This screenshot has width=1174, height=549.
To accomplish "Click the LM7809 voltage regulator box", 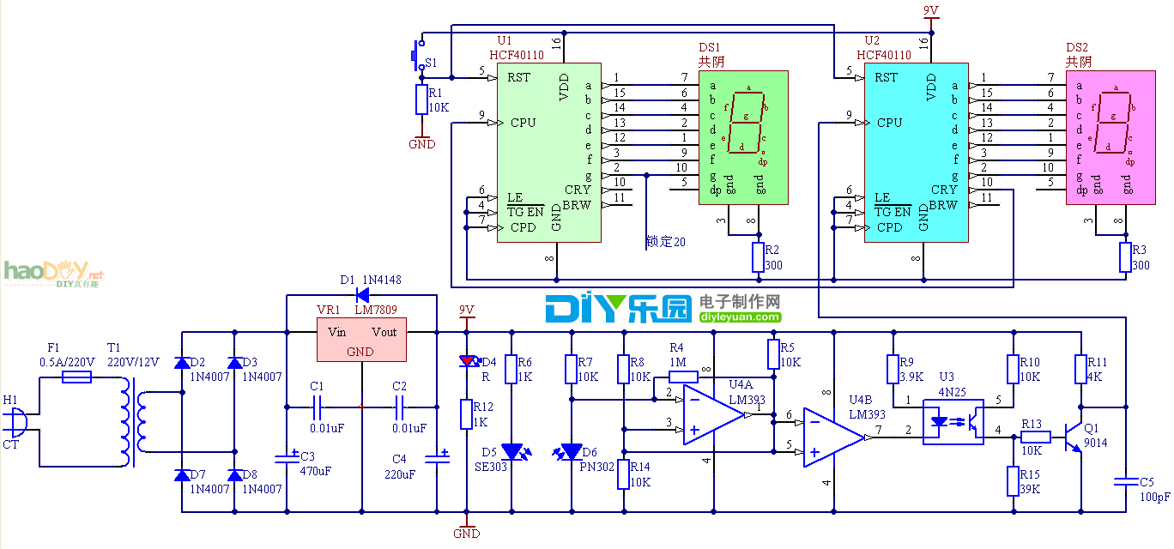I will tap(360, 341).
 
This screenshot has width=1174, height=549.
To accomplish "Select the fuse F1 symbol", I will tap(77, 376).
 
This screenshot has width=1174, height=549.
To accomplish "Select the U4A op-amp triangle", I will tap(711, 414).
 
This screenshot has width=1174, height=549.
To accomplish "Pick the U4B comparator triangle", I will tap(832, 437).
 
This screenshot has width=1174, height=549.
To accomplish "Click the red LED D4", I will tap(466, 361).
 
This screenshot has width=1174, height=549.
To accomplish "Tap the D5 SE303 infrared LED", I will tap(511, 450).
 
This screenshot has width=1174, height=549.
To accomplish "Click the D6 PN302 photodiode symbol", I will tap(572, 451).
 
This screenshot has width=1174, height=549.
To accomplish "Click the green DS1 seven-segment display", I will tap(743, 137).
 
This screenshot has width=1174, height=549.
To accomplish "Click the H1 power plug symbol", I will tap(16, 422).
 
